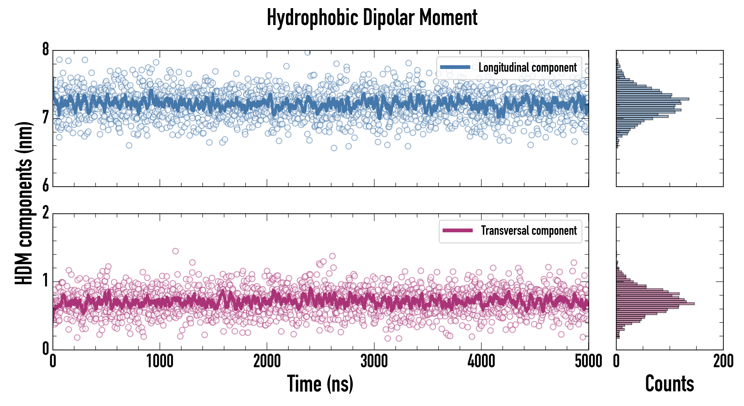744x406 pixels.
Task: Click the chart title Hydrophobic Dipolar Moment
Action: click(372, 18)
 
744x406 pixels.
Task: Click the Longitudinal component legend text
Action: click(527, 68)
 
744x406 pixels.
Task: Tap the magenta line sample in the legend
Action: click(457, 231)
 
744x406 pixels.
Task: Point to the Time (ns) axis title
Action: click(320, 384)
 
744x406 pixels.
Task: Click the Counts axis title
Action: click(669, 384)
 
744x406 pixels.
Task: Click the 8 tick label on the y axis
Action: click(46, 50)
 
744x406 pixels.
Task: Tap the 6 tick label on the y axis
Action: click(46, 186)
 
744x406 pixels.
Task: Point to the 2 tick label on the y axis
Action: click(46, 213)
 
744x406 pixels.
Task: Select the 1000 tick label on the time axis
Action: click(160, 361)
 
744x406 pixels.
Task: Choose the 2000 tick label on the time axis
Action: click(267, 361)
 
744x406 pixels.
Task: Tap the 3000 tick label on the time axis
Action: click(374, 361)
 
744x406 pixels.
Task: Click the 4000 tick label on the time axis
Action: click(481, 361)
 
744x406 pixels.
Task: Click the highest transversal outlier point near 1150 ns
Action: click(175, 251)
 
